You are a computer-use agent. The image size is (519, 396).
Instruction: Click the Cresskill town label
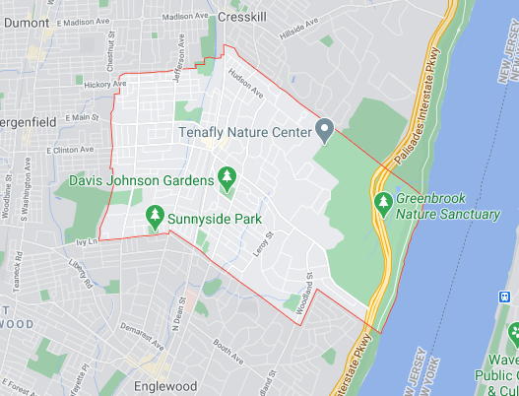[x=241, y=18]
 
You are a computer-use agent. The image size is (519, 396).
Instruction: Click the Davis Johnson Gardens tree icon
[x=227, y=179]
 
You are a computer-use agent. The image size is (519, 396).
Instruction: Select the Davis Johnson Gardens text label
[x=142, y=180]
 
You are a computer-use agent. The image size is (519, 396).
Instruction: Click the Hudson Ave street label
[x=246, y=88]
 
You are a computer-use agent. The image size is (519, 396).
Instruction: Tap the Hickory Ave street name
[x=105, y=86]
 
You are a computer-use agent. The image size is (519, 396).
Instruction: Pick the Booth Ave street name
[x=227, y=347]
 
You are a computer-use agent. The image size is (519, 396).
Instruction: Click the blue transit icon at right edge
[x=504, y=296]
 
